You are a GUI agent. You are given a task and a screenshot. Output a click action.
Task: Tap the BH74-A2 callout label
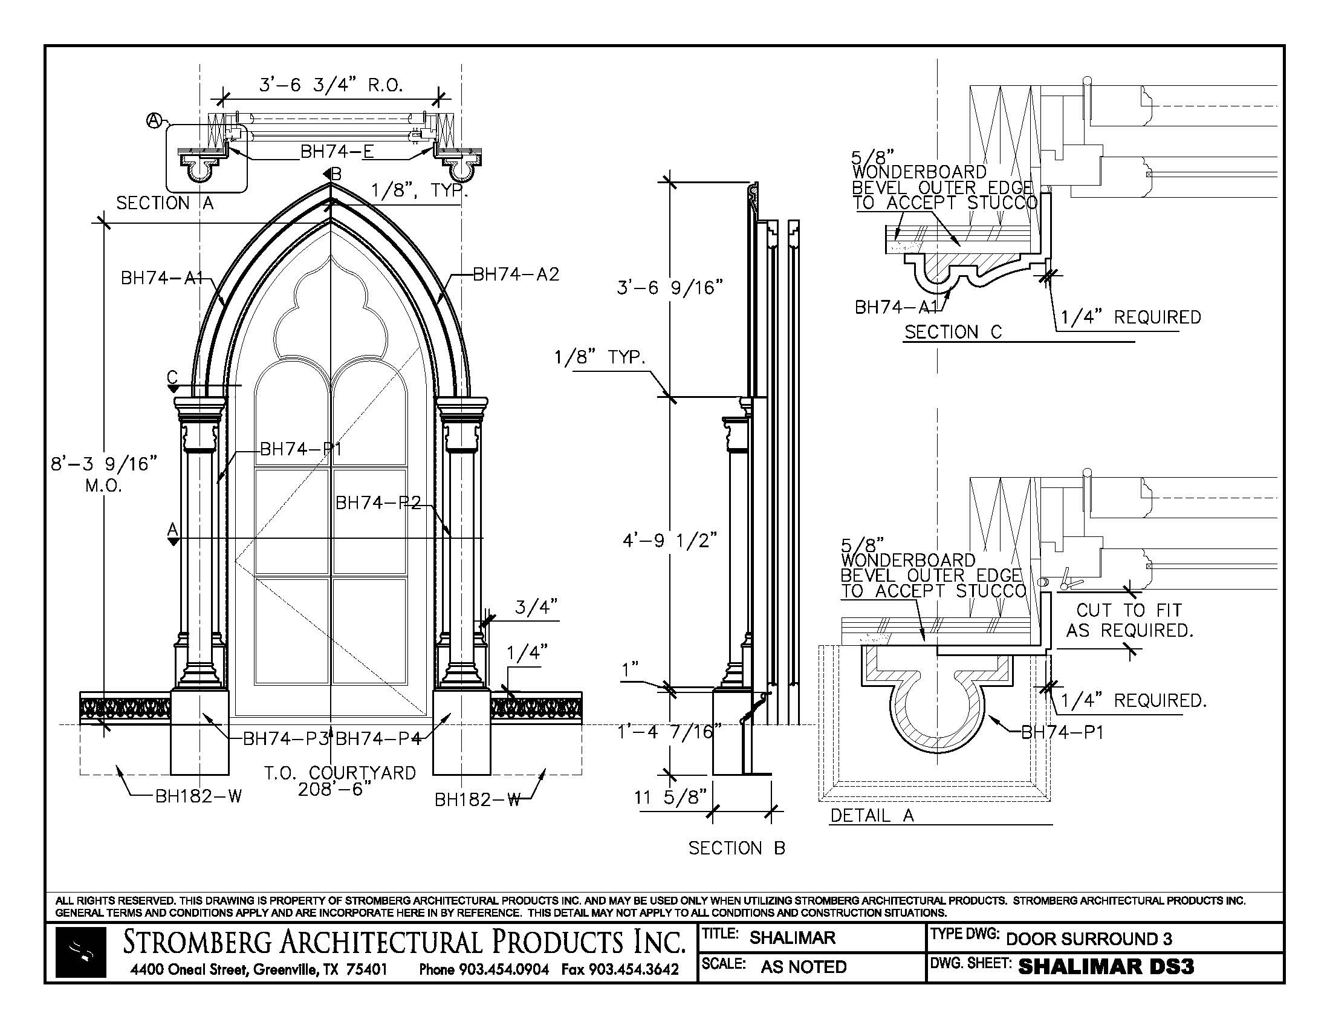(x=515, y=275)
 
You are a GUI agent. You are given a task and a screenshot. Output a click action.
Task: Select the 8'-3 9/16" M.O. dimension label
(x=103, y=473)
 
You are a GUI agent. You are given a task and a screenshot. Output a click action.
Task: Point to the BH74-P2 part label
(x=378, y=503)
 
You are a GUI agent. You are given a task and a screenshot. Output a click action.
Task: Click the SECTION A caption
(x=165, y=203)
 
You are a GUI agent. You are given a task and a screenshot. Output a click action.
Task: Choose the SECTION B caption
(x=737, y=848)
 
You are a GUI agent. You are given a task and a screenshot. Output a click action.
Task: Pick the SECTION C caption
(x=953, y=332)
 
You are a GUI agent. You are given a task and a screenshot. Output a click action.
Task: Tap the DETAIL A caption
(x=872, y=816)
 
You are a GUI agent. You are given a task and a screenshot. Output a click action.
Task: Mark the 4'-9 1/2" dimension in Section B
(x=669, y=540)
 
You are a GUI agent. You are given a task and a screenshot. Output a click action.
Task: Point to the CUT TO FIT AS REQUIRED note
(x=1129, y=620)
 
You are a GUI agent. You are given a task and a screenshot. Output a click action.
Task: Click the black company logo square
(x=81, y=952)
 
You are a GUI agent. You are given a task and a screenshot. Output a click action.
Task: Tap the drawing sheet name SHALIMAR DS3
(x=1106, y=967)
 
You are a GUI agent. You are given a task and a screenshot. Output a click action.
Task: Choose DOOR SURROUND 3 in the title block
(x=1089, y=939)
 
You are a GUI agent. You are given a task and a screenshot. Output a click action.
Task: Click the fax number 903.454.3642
(x=620, y=969)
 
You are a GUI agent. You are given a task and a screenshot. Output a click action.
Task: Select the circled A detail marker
(x=153, y=121)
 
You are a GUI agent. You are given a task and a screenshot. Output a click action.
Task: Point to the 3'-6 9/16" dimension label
(x=670, y=287)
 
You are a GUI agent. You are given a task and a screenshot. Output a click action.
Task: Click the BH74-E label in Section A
(x=337, y=152)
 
